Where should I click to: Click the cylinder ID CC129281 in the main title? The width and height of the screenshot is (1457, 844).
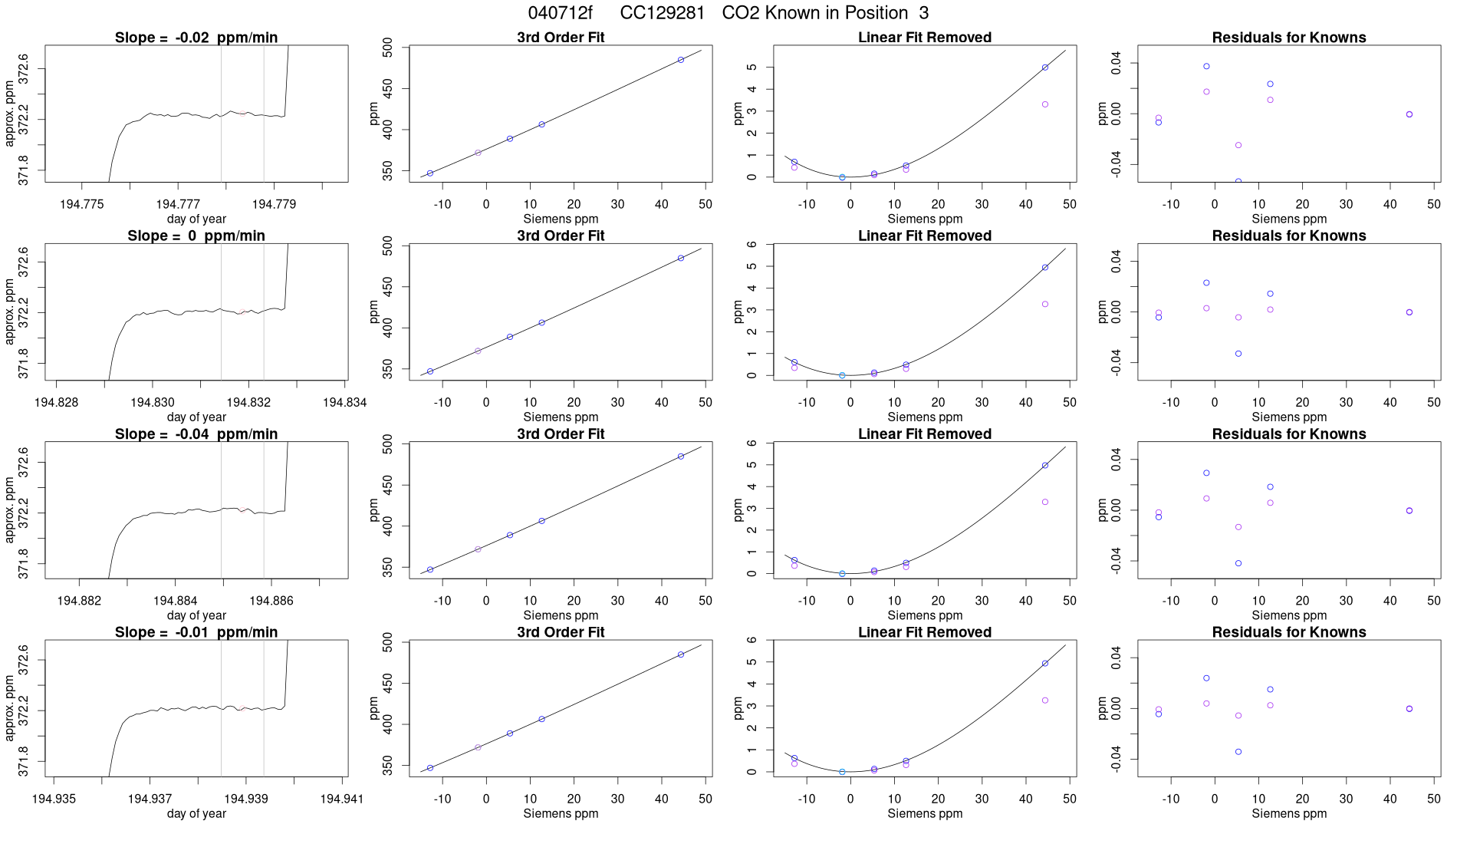[x=662, y=13]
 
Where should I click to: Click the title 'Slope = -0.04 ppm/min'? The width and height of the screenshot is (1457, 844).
[x=196, y=434]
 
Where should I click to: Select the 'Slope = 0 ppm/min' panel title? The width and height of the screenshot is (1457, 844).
[x=196, y=236]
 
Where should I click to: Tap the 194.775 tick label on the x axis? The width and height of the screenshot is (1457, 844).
[x=81, y=204]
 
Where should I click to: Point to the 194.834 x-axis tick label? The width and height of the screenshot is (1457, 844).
[x=344, y=402]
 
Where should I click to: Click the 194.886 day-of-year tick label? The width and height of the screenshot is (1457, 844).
[x=271, y=601]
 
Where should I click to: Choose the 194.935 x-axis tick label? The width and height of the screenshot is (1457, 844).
[x=54, y=799]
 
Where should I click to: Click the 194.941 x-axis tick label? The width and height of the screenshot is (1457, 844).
[x=341, y=799]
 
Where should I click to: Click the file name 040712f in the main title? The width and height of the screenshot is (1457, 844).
[x=560, y=13]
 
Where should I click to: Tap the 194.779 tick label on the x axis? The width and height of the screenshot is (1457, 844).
[x=274, y=204]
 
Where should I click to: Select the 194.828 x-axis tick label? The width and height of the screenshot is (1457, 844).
[x=56, y=402]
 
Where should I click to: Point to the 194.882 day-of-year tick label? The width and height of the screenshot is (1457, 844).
[x=79, y=601]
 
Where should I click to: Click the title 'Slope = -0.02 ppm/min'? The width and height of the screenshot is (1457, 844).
[x=196, y=38]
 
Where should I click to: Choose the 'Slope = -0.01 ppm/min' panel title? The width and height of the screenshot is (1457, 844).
[x=196, y=632]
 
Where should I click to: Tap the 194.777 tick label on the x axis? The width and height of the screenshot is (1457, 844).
[x=178, y=204]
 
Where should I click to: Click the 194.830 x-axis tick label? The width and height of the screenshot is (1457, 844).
[x=153, y=402]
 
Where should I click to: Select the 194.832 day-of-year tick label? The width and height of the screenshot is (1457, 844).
[x=248, y=402]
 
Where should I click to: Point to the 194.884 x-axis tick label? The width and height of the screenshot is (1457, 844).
[x=176, y=601]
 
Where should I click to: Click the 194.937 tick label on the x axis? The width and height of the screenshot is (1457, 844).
[x=150, y=799]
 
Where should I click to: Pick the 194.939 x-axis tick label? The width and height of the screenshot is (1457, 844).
[x=245, y=799]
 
